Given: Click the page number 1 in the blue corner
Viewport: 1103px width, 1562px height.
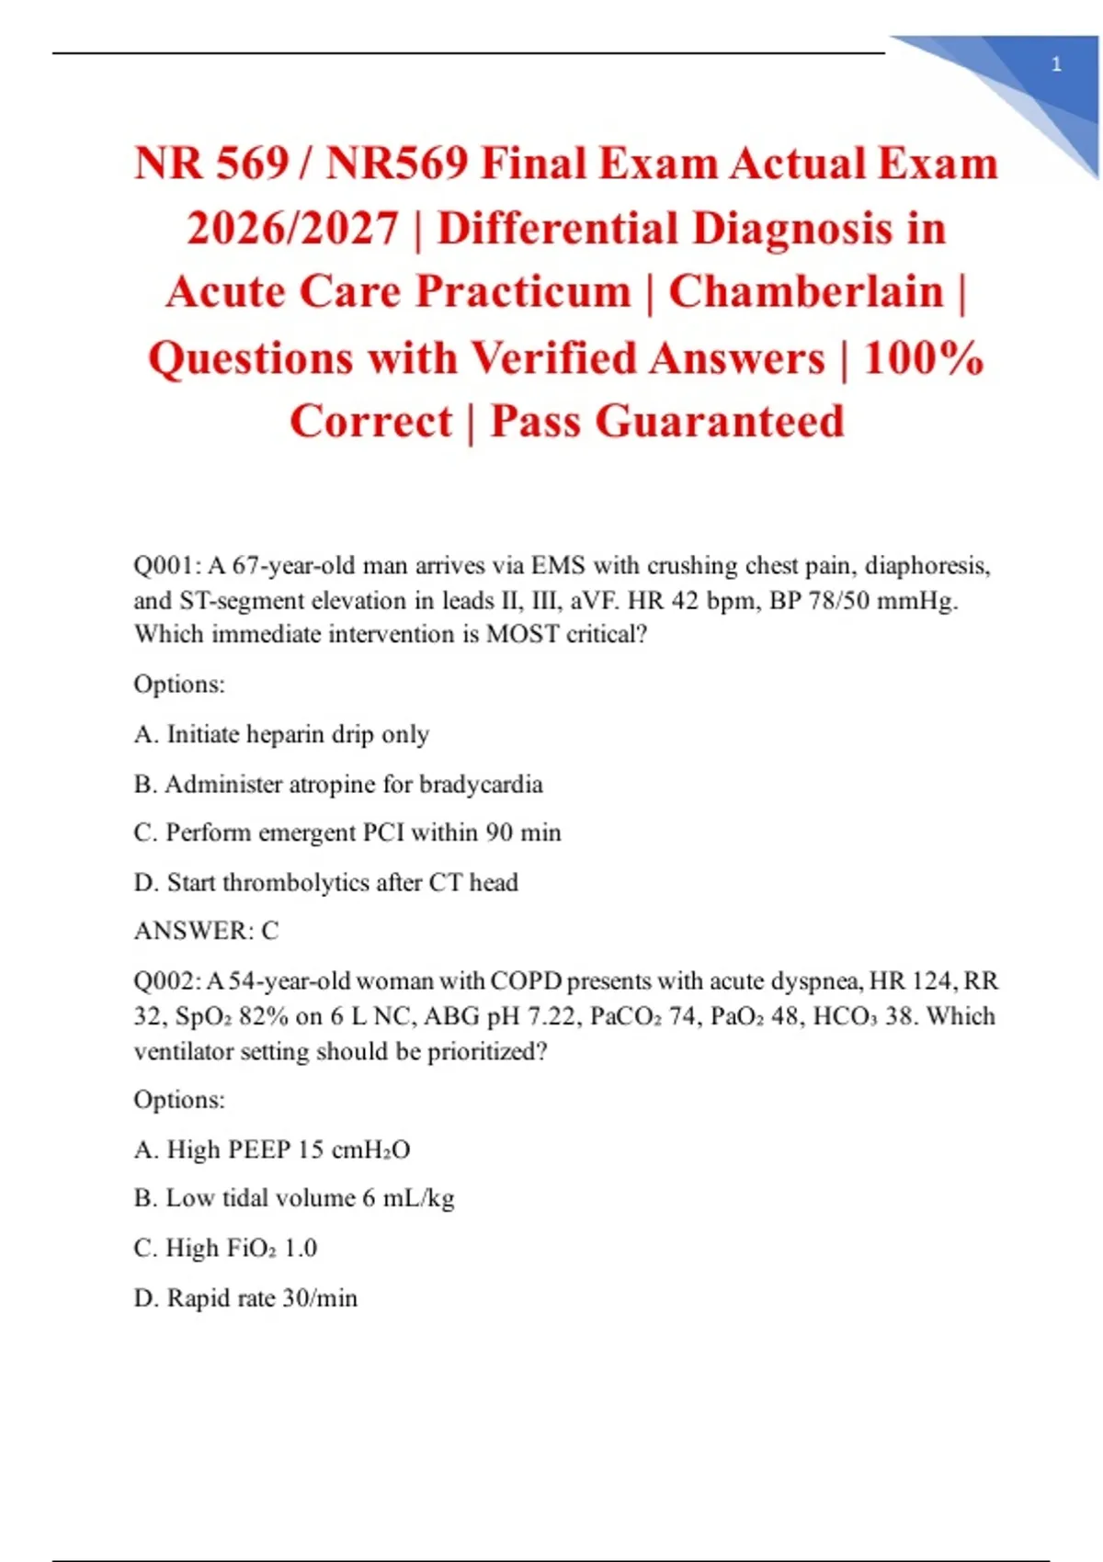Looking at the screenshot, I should pos(1056,64).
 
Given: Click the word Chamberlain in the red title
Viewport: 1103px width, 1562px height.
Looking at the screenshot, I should pos(806,292).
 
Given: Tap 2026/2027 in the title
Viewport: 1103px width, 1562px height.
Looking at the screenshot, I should pos(292,228).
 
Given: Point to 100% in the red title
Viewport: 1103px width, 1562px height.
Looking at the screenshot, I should pos(923,357).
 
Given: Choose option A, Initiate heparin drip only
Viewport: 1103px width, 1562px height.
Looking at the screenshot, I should pos(281,734).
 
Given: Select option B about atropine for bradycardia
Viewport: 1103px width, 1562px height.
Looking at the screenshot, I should pos(338,784).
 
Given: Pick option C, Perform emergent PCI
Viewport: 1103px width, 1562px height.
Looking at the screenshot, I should pos(347,832).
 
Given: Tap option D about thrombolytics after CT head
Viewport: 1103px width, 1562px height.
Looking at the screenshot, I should pos(326,882).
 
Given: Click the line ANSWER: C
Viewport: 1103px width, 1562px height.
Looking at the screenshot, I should pos(206,931).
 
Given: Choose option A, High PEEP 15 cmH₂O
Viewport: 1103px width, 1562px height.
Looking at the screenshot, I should pos(272,1149).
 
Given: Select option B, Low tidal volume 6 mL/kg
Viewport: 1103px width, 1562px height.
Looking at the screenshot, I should pos(294,1198).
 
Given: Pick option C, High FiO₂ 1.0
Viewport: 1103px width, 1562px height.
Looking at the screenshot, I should pos(225,1248).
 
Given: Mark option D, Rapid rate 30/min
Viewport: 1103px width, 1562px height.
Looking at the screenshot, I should pos(245,1297).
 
